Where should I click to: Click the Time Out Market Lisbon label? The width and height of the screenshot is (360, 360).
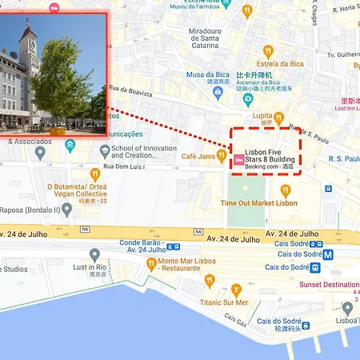coord(258,203)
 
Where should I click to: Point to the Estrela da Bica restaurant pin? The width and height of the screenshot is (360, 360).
coord(268,52)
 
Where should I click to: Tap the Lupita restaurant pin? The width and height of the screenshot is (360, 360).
coord(278,118)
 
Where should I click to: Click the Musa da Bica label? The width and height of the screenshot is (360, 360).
coord(207,75)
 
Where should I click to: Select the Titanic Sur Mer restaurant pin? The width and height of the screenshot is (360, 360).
coord(236,290)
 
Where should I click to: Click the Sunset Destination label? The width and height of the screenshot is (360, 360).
coord(329,285)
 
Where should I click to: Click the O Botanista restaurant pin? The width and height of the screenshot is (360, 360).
coord(95,174)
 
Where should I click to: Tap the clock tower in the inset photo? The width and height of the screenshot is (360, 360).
coord(30,44)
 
